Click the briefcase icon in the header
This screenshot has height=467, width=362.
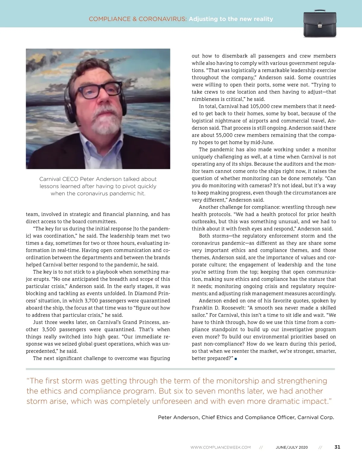(319, 25)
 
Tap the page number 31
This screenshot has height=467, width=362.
(337, 447)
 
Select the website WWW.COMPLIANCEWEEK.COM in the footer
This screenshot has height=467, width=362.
(221, 447)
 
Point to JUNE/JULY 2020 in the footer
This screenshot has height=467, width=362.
(292, 447)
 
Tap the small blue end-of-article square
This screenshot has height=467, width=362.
(236, 359)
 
